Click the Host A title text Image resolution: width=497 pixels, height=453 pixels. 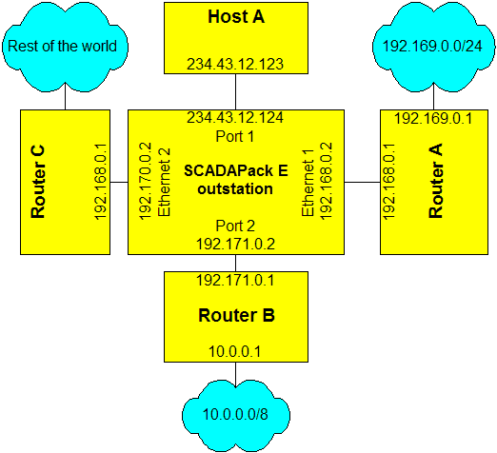236,16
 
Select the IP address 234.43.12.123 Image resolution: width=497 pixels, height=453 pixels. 235,64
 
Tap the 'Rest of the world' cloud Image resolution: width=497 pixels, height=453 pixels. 65,47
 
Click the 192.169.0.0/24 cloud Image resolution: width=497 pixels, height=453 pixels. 433,47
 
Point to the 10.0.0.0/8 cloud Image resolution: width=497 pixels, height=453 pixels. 236,416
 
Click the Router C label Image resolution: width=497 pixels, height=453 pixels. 38,182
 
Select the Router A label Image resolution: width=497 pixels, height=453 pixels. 435,181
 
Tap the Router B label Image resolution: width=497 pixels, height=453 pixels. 236,315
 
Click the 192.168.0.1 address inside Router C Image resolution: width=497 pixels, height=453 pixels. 100,182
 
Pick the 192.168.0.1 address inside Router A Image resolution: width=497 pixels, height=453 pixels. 388,182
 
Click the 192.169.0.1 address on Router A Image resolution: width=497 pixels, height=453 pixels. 433,119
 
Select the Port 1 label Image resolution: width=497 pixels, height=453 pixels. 235,136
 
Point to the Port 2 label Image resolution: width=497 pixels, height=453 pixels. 235,226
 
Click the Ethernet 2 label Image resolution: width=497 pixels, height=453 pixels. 164,183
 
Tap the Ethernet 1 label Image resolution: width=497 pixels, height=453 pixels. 308,184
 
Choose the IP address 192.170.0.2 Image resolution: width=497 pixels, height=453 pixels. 146,181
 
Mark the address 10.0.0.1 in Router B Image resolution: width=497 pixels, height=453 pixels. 234,351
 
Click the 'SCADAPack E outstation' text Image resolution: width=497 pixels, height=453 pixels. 236,180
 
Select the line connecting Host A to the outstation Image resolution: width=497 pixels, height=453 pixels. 235,92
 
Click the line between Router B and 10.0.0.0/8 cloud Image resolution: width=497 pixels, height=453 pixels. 235,375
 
